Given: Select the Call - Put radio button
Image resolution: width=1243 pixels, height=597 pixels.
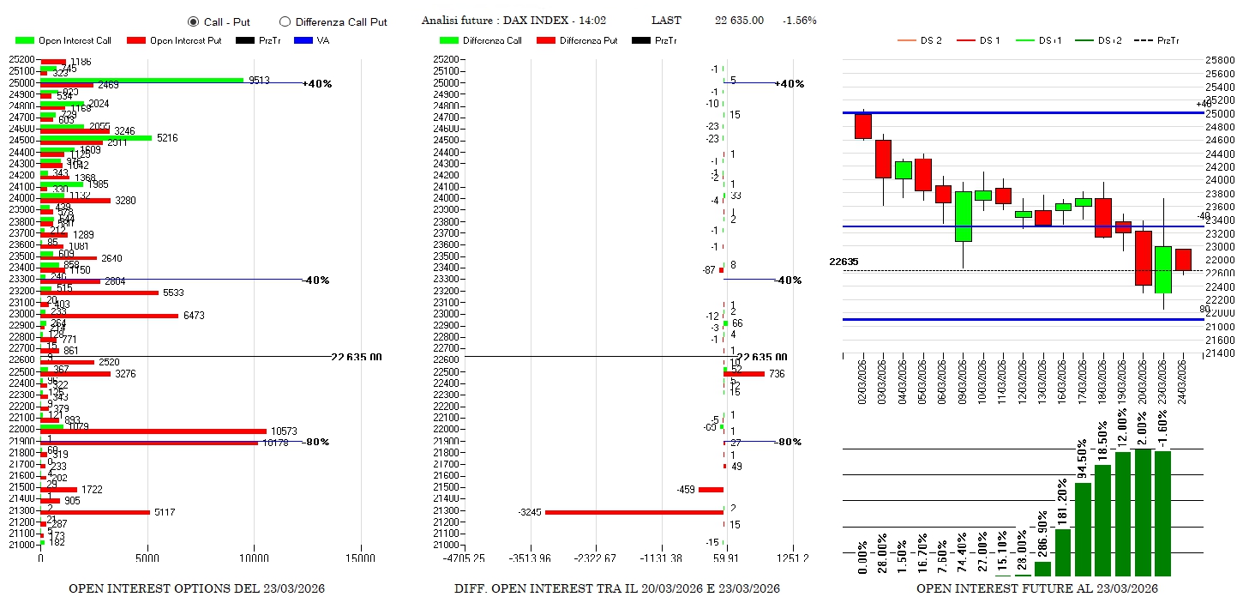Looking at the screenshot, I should click(193, 21).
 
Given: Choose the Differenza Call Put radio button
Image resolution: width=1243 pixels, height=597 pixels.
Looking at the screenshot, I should click(285, 21).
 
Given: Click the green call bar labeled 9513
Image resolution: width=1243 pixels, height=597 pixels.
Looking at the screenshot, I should click(141, 80).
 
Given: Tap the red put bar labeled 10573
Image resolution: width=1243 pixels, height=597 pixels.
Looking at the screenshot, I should click(154, 431).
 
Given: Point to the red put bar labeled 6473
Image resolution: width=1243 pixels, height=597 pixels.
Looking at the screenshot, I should click(110, 316).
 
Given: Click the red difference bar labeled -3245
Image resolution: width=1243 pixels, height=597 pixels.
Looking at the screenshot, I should click(634, 512).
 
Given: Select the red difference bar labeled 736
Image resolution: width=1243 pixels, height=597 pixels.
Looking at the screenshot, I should click(745, 374).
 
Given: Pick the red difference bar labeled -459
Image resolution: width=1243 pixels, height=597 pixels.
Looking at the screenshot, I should click(711, 490).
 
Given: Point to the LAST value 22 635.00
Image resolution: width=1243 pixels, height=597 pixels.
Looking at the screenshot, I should click(739, 21).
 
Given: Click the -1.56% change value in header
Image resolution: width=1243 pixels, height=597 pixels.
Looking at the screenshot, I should click(799, 21).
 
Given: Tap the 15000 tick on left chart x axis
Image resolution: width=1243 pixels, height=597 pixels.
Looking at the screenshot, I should click(360, 558).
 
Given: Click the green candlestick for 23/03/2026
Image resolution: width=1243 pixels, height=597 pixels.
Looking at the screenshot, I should click(1162, 269).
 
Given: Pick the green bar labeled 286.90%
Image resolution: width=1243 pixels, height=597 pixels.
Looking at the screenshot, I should click(1042, 568).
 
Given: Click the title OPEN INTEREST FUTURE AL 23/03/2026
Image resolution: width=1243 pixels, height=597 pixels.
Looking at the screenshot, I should click(1036, 588).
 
